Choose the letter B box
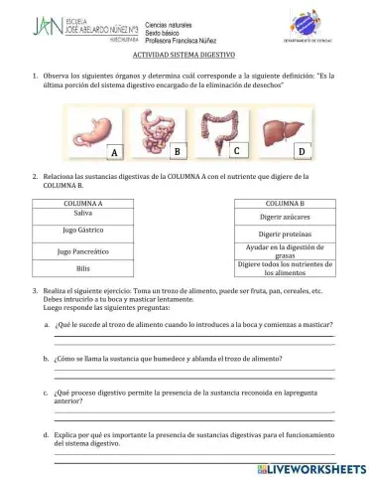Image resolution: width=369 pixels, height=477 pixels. [176, 151]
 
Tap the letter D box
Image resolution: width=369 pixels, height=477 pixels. [301, 151]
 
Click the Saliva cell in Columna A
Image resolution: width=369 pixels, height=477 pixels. [83, 214]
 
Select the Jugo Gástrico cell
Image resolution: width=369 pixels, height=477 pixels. [83, 232]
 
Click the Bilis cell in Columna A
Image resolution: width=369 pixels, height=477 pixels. [83, 268]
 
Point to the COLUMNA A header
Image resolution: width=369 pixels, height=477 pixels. [83, 203]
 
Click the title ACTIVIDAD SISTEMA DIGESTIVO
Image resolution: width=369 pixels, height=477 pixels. [184, 56]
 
